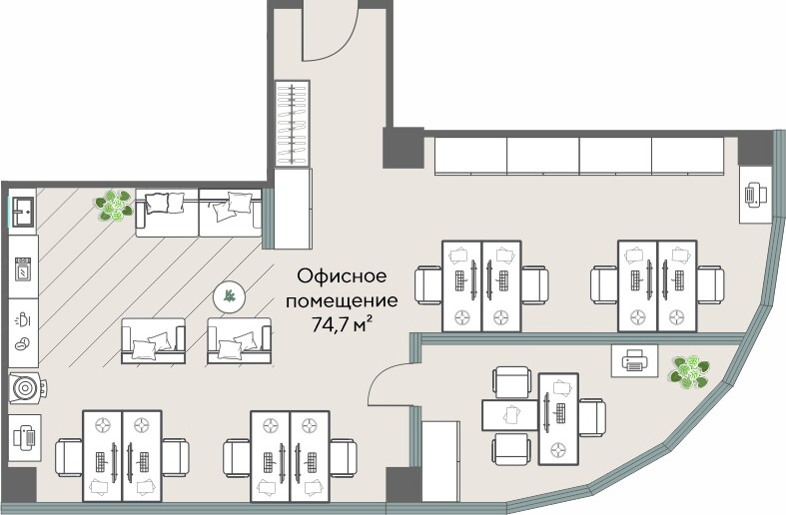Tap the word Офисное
(x=341, y=278)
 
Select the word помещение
(x=341, y=299)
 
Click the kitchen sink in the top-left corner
(x=24, y=212)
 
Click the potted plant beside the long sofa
(x=115, y=207)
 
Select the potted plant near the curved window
(x=688, y=372)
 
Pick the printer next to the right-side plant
(x=633, y=360)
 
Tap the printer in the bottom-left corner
(x=25, y=436)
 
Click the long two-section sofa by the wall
(x=199, y=211)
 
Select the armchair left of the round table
(x=152, y=340)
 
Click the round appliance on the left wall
(x=24, y=385)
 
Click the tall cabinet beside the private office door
(x=438, y=458)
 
